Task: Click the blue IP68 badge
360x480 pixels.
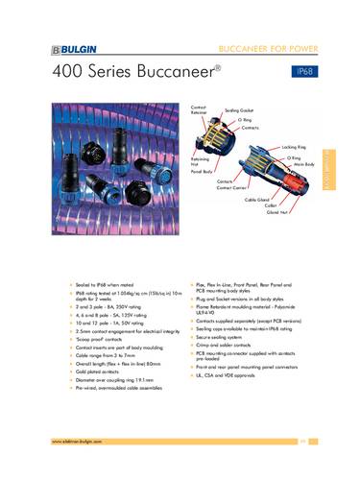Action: tap(309, 72)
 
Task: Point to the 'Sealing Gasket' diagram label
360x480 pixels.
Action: tap(241, 110)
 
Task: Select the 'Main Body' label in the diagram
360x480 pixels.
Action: tap(305, 165)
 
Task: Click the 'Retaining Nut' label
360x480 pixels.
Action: tap(200, 161)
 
